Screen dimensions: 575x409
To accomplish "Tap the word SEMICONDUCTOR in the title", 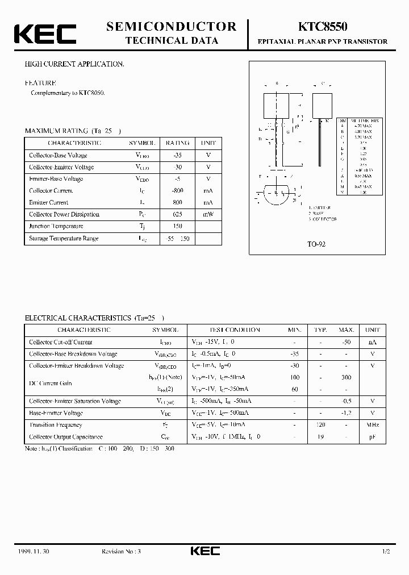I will coord(171,26).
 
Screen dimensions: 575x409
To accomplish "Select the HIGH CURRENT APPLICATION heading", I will coord(74,64).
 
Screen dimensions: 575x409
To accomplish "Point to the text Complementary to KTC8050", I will coord(68,93).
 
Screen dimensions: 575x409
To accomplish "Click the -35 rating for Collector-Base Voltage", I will coord(178,155).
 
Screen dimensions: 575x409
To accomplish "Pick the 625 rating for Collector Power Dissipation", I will coord(178,214).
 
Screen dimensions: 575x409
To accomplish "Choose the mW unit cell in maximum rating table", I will coord(208,214).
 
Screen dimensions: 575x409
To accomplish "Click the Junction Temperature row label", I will coord(56,226).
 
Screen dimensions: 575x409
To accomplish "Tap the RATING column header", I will coord(178,143).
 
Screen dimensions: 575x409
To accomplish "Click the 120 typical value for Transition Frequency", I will coord(321,425).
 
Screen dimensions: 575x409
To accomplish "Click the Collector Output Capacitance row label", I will coord(66,437).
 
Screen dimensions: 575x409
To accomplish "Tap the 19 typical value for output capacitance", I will coord(321,437).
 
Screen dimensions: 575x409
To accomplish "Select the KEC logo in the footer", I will coord(204,551).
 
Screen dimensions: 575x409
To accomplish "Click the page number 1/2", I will coord(386,552).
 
